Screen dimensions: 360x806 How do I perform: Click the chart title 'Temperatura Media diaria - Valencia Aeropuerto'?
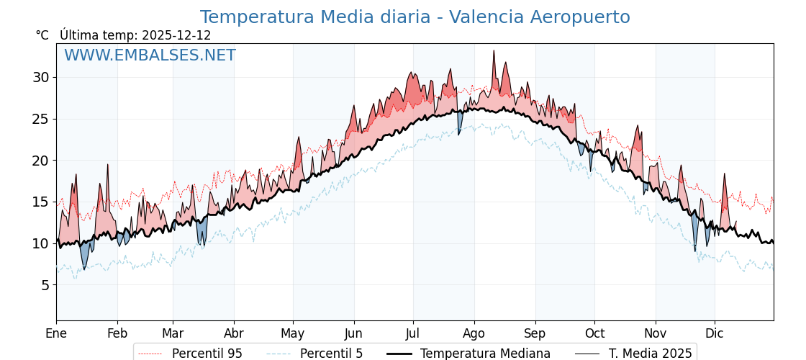pos(415,17)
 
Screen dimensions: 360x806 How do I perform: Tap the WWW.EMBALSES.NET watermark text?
pos(150,55)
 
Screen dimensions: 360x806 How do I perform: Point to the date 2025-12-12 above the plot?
pos(176,35)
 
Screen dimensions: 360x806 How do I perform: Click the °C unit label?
pos(42,35)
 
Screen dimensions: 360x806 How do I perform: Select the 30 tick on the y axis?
pos(41,77)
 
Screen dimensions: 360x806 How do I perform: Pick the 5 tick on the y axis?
pos(45,285)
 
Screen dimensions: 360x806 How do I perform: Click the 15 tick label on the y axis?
pos(41,202)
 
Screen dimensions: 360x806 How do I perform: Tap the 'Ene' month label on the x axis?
pos(56,333)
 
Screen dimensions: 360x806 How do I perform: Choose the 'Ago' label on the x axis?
pos(474,333)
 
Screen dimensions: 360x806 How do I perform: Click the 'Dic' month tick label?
pos(715,333)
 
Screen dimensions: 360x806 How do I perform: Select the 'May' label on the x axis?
pos(293,333)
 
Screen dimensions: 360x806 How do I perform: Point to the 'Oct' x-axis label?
pos(594,333)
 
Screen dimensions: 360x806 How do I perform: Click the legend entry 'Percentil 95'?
pos(207,354)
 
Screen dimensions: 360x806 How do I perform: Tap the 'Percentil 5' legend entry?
pos(331,354)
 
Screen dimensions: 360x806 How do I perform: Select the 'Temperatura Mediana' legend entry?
pos(485,354)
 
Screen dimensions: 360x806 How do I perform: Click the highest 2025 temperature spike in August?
pos(494,51)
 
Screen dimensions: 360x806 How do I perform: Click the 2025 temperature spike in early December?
pos(725,174)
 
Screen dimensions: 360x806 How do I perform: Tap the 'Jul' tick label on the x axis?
pos(413,333)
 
